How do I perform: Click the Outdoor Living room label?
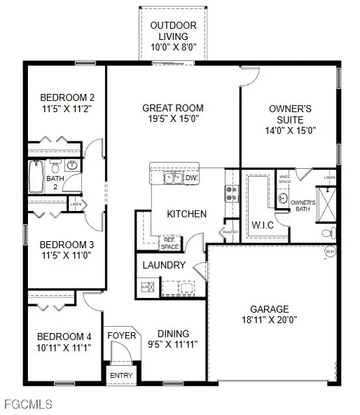174,32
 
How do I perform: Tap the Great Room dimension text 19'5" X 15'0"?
173,120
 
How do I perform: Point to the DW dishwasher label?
191,178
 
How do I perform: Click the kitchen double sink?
173,178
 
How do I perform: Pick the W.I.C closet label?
263,224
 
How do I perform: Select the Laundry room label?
164,265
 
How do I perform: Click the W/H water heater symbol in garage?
329,251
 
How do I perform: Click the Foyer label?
121,336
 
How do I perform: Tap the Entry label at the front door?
120,376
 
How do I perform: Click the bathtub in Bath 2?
36,177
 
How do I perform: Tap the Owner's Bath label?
303,205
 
